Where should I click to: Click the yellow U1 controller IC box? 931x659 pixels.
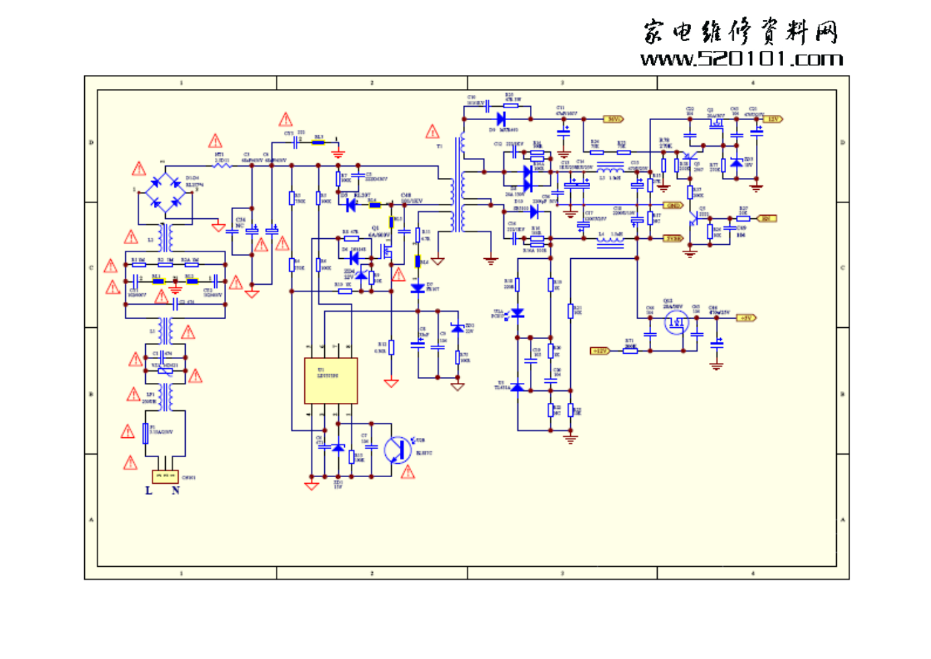330,381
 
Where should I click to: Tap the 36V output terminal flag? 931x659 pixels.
613,119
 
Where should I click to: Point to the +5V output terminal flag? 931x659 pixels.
747,318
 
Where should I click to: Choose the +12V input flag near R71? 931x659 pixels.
599,351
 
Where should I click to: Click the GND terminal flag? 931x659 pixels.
673,206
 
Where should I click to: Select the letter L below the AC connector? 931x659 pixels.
149,491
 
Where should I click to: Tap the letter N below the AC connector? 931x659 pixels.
176,491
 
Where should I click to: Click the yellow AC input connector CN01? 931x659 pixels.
165,476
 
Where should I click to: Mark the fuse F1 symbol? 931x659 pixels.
146,433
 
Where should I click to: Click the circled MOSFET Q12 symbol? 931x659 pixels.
676,323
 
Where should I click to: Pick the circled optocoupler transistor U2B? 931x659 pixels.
397,450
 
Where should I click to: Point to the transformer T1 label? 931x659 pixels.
439,146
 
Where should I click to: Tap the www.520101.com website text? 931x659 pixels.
741,60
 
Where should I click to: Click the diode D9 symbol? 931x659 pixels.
501,119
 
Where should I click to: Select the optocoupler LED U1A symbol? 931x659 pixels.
517,313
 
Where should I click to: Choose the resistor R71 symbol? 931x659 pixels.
630,350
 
